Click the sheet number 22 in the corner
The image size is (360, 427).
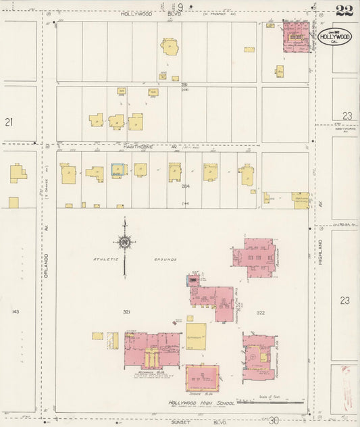pos(343,10)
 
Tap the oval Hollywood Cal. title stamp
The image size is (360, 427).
pos(335,35)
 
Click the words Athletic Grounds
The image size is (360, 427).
pos(135,259)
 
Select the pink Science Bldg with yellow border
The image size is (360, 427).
pos(202,378)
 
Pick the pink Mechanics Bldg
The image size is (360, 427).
pos(151,351)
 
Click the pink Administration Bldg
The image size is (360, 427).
pos(259,352)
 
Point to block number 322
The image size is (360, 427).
pos(261,313)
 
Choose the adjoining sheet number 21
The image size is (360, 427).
pos(9,122)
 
